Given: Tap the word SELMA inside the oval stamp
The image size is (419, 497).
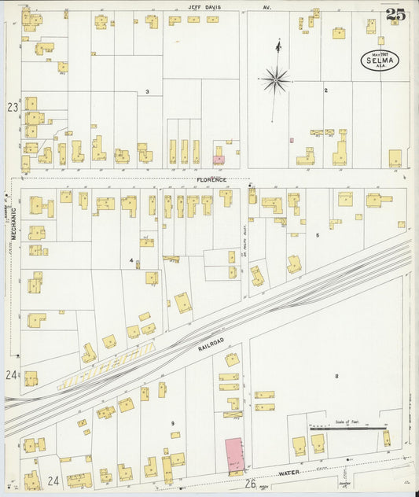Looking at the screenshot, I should (x=380, y=59).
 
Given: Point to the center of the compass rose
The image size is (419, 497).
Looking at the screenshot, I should (x=276, y=79).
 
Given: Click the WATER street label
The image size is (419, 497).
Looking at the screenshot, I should (x=289, y=474).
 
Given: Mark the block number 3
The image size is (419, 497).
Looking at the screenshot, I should (x=147, y=92).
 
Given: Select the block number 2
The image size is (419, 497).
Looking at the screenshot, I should (x=325, y=90).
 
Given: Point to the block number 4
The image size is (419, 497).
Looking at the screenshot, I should (x=131, y=260).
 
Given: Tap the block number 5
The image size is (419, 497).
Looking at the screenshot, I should (x=318, y=235).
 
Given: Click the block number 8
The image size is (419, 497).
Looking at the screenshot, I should (x=336, y=376).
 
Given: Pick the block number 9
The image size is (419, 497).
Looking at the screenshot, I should (x=171, y=424).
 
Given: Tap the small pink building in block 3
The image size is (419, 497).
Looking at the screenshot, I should (x=219, y=160).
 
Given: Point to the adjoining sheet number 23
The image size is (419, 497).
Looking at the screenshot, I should (x=13, y=106).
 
